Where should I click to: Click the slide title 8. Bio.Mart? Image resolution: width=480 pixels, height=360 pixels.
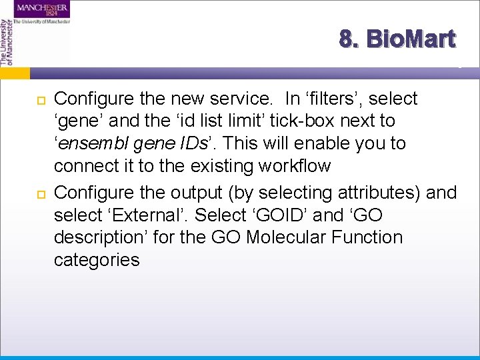397,39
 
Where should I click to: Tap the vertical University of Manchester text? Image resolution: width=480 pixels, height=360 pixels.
6,41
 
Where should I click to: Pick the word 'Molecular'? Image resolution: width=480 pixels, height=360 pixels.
287,237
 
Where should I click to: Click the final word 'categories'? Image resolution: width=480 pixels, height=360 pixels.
97,259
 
